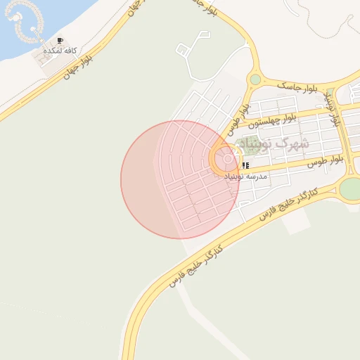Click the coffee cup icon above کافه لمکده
point(60,41)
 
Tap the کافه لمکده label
point(60,51)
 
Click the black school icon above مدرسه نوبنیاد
point(245,166)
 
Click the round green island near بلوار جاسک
point(255,79)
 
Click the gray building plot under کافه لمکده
point(49,61)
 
